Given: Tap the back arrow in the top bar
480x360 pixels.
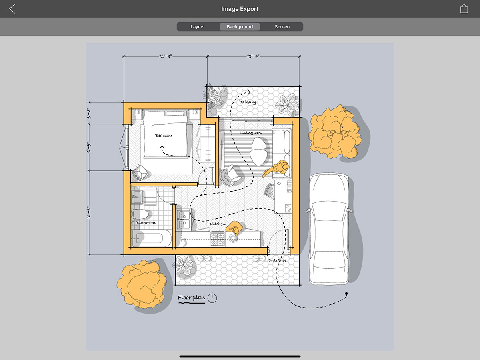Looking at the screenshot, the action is coord(12,9).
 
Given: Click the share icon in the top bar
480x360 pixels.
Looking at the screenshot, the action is coord(464,9).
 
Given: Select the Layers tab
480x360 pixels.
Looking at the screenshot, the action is coord(198,27).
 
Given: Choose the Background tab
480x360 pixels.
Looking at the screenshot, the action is coord(240,27).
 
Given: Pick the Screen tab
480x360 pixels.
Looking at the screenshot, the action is coord(282,27).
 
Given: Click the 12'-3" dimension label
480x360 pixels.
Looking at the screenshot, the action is coord(165,56).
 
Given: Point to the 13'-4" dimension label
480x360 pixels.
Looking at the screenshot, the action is coord(253,56).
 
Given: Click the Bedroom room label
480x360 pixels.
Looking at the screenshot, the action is coord(164,136).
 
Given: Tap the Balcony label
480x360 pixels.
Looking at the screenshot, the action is coord(247,102).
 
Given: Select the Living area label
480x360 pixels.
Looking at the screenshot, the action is coord(251,133).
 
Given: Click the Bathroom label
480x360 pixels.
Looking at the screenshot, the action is coord(146,223).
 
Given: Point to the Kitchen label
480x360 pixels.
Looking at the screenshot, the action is coord(217,224).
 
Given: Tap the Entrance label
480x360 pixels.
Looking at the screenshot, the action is coord(277,260).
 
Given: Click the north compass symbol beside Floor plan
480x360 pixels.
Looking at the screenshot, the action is coord(212,298).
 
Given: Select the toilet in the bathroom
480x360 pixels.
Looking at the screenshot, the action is coord(140,214).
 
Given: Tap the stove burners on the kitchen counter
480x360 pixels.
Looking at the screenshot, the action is coord(218,238).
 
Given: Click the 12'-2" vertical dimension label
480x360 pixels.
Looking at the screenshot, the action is coord(89,212).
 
